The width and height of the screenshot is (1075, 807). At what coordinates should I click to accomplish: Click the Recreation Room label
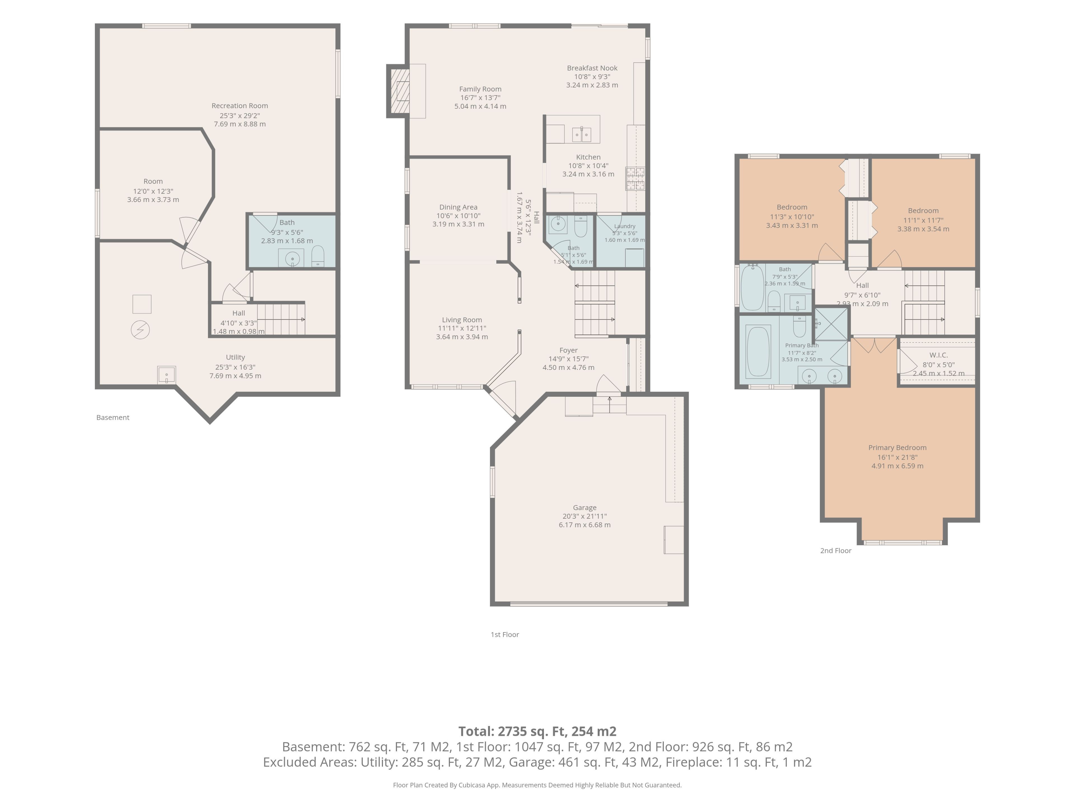240,106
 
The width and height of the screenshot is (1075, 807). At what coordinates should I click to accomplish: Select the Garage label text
584,507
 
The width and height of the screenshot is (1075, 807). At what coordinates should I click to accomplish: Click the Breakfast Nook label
592,68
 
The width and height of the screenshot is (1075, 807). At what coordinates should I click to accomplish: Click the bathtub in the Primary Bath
758,351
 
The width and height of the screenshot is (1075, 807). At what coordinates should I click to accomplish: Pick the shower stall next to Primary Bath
831,323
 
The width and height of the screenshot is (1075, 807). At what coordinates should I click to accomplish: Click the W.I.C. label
938,355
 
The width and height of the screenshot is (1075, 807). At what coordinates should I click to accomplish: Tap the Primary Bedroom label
897,447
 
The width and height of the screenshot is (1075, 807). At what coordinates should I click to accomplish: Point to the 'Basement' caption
113,417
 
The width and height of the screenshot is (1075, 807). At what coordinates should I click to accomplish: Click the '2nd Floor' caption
836,551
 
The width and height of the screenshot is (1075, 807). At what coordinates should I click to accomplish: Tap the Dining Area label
458,207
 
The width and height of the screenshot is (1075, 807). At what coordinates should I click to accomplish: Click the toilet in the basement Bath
317,256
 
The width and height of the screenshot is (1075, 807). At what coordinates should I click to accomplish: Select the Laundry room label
625,226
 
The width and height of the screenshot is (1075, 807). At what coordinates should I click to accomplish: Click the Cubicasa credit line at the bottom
537,785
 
